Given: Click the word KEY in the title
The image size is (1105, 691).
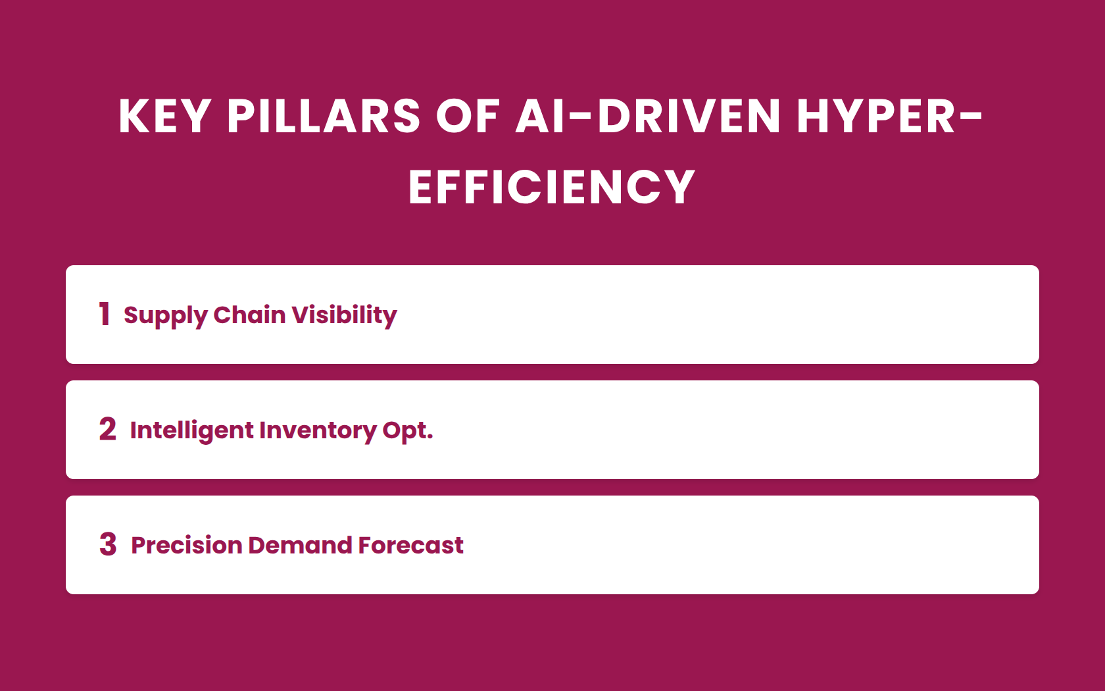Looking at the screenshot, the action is pyautogui.click(x=164, y=116).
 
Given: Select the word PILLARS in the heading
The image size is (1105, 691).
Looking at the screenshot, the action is pyautogui.click(x=324, y=116).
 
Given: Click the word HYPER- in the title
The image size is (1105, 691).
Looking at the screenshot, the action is pyautogui.click(x=889, y=116).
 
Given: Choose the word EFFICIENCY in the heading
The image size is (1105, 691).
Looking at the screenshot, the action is pyautogui.click(x=552, y=187).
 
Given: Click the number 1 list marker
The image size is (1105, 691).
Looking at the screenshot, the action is pyautogui.click(x=104, y=314).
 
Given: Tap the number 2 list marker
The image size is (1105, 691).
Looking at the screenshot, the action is pyautogui.click(x=108, y=429).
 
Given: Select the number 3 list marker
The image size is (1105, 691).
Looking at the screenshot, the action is pyautogui.click(x=108, y=544).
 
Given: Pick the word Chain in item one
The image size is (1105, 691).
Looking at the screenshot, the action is pyautogui.click(x=250, y=315).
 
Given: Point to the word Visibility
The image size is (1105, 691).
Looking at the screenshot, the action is pyautogui.click(x=345, y=317).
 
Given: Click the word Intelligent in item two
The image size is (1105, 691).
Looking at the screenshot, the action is pyautogui.click(x=192, y=432).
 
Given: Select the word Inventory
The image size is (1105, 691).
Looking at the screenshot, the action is pyautogui.click(x=318, y=432).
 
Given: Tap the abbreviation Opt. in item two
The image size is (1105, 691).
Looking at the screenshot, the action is pyautogui.click(x=408, y=432).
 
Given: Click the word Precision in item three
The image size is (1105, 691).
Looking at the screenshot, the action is pyautogui.click(x=187, y=545).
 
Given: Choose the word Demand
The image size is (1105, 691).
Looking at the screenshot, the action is pyautogui.click(x=300, y=545).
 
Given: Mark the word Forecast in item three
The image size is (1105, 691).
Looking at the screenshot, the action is pyautogui.click(x=411, y=545).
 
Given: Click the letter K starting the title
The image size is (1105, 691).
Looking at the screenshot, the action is pyautogui.click(x=134, y=116).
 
